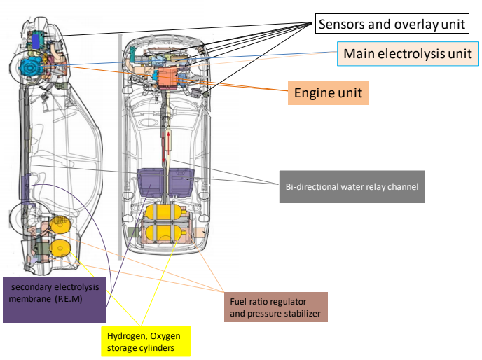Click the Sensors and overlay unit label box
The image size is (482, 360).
tap(392, 23)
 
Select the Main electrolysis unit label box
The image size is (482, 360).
tap(408, 54)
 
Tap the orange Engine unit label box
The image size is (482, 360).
tap(328, 93)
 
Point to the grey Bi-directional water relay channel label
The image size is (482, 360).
tap(352, 186)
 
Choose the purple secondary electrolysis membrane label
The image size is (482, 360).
tap(55, 300)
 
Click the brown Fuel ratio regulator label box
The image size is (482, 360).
tap(276, 307)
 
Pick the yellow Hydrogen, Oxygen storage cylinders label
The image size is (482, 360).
tap(146, 342)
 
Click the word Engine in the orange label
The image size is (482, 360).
tap(312, 93)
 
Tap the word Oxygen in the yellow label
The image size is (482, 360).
tap(165, 336)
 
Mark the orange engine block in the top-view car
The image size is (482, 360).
tap(168, 78)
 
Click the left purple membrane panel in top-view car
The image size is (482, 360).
tap(151, 183)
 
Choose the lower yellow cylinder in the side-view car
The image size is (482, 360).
tap(60, 248)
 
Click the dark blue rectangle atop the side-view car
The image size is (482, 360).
tap(36, 41)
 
